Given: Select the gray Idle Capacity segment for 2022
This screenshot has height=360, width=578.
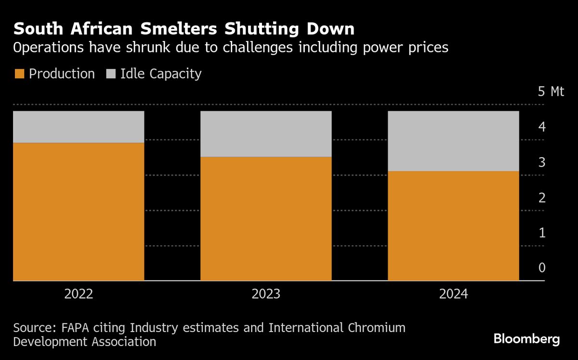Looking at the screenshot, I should click(79, 127).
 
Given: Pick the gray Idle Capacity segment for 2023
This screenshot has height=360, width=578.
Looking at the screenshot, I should click(266, 134).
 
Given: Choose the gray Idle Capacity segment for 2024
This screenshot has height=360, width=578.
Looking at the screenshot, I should click(453, 141).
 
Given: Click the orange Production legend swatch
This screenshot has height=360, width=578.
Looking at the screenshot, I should click(19, 74).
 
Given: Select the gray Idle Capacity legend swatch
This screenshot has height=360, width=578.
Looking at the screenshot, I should click(110, 74).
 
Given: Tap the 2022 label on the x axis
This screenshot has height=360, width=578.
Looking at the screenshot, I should click(79, 294).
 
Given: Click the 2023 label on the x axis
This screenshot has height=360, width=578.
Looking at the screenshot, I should click(266, 294).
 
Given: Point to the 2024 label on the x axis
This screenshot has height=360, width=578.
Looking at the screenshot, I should click(453, 294).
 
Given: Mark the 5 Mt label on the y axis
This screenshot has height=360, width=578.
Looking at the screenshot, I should click(551, 92).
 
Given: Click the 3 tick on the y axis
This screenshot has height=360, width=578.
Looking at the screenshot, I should click(542, 162).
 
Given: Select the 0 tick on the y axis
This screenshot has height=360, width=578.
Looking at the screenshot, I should click(542, 268).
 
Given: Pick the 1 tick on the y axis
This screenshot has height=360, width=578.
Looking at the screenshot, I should click(542, 233).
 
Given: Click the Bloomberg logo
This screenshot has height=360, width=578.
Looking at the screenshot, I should click(526, 339).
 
